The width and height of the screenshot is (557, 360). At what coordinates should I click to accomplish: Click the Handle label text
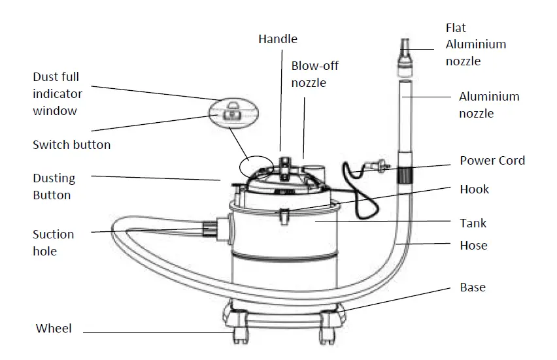click(277, 39)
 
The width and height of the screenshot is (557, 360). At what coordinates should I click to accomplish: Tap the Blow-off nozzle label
click(314, 74)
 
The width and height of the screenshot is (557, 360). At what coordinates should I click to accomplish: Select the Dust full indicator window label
click(58, 94)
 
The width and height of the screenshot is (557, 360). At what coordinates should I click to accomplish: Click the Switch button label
click(71, 144)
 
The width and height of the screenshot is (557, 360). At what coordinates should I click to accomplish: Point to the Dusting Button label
click(54, 186)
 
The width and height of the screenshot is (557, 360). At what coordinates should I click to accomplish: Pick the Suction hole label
click(53, 242)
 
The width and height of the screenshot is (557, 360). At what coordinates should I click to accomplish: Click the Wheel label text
click(54, 329)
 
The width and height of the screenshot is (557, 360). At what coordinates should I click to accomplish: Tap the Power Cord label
click(492, 161)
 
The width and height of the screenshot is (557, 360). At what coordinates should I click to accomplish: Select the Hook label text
click(474, 189)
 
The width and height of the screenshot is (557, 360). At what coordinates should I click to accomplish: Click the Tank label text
click(473, 223)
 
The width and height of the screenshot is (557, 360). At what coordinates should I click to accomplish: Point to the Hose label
click(473, 246)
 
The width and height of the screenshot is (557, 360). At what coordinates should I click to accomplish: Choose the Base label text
click(473, 287)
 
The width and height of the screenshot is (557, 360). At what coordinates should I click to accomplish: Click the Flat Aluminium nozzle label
click(475, 44)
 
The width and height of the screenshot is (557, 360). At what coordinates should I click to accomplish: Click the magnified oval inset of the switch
click(232, 113)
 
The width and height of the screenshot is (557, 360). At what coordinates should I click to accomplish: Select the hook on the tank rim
click(285, 213)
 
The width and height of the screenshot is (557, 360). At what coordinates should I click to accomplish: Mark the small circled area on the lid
click(254, 165)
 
